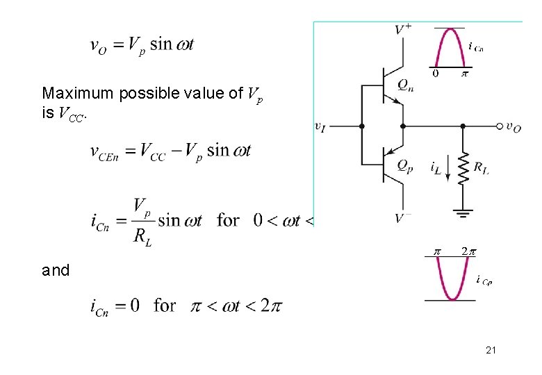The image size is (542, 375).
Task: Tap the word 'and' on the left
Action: [x=56, y=271]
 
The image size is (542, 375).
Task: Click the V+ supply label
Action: [x=403, y=29]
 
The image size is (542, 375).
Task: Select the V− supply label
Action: [x=403, y=218]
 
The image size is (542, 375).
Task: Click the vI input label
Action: [x=320, y=126]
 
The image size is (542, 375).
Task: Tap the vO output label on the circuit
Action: [x=514, y=126]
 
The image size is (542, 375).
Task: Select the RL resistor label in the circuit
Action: [x=481, y=167]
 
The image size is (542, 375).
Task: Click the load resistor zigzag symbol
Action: [x=463, y=167]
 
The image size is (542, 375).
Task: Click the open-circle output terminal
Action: [x=500, y=126]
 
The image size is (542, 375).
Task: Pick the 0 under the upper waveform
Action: [x=436, y=72]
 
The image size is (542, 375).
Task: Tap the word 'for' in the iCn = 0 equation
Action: [x=165, y=305]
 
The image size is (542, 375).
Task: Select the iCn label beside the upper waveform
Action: [x=476, y=48]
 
